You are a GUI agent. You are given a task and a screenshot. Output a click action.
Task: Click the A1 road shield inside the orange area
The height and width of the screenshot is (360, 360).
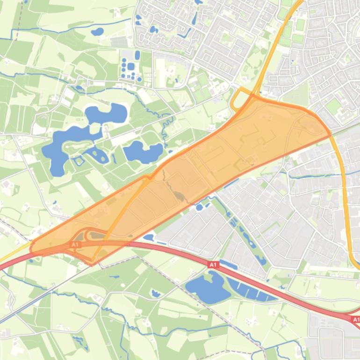pyautogui.click(x=76, y=245)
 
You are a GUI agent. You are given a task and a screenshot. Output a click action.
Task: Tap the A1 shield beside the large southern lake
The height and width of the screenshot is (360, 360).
pyautogui.click(x=213, y=265)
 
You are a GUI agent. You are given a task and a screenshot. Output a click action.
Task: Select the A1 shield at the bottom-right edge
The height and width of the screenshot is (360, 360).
pyautogui.click(x=356, y=320)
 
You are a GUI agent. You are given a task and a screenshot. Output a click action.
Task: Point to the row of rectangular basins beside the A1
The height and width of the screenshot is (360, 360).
pyautogui.click(x=250, y=289)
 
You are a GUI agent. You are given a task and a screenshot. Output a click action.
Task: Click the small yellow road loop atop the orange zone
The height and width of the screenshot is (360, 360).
pyautogui.click(x=241, y=99)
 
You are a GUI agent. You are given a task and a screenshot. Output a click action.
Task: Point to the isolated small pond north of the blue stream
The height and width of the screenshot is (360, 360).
pyautogui.click(x=97, y=32)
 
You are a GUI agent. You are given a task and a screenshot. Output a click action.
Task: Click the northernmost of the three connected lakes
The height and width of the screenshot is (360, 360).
pyautogui.click(x=106, y=113)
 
